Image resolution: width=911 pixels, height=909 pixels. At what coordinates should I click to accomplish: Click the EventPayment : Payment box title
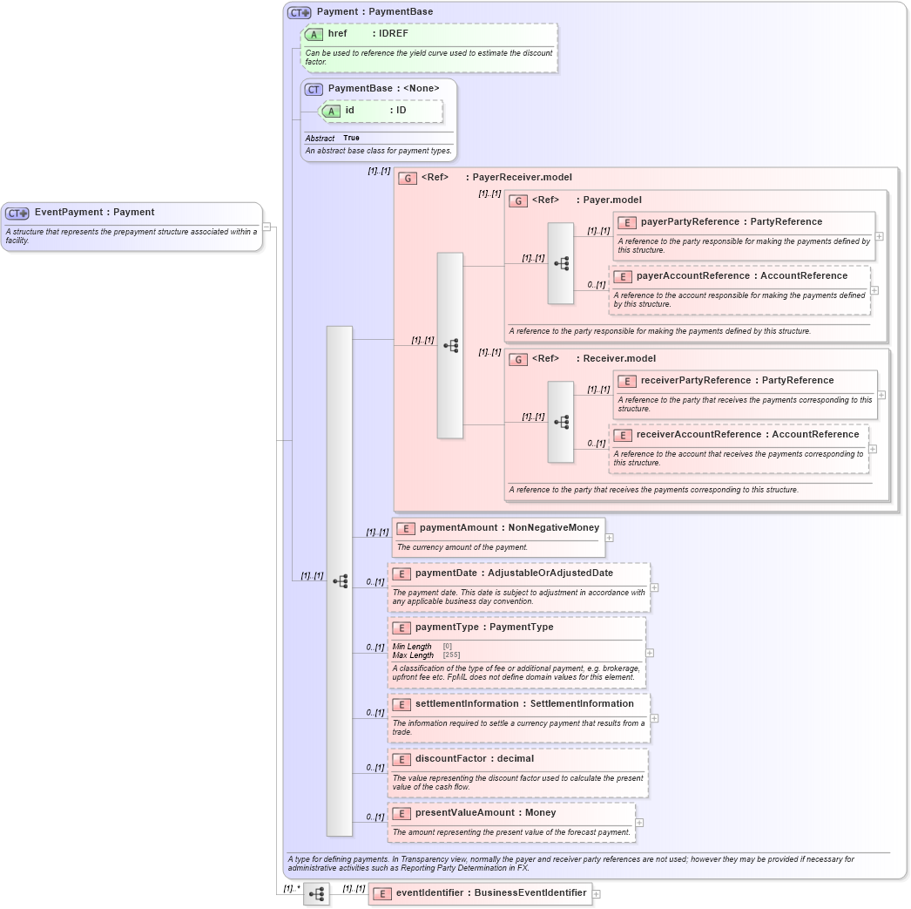click(x=94, y=212)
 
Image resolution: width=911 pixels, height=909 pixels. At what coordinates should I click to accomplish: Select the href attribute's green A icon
click(x=314, y=34)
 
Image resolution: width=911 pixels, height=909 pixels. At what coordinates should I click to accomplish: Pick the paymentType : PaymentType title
click(x=483, y=627)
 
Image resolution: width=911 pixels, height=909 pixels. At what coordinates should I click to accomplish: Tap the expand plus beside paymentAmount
click(x=610, y=538)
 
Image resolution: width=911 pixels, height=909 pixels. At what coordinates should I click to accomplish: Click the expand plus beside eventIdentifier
click(x=597, y=893)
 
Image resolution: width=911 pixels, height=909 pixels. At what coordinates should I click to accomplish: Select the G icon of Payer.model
click(x=518, y=200)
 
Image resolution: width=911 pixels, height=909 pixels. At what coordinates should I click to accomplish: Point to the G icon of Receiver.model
click(x=518, y=359)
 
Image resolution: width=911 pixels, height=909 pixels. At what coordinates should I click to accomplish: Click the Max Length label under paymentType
click(x=413, y=655)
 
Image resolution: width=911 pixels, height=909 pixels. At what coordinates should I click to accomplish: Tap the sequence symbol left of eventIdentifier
click(x=316, y=893)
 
